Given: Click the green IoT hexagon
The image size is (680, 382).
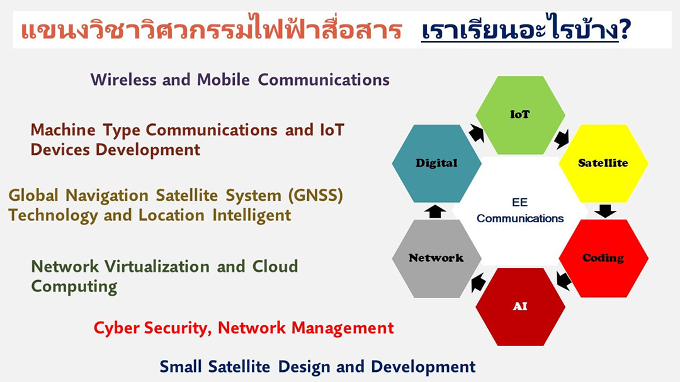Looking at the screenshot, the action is tap(520, 115).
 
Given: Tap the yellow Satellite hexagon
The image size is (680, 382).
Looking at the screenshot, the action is tap(603, 164).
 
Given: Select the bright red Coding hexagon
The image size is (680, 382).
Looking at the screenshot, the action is tap(603, 259).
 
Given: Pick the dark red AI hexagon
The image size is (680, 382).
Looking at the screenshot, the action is tap(520, 306).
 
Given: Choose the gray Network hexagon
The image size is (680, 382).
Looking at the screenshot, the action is tap(436, 259).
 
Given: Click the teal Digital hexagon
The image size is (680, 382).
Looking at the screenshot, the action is tap(436, 164).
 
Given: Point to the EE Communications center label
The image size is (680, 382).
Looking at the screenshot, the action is tap(520, 210).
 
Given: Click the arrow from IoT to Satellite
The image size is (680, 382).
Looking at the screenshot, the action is tap(562, 138).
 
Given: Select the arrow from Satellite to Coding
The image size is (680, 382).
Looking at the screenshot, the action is tap(605, 211).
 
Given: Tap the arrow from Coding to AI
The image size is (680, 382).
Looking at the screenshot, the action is tap(564, 281).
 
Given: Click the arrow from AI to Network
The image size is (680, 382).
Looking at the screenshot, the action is tap(478, 283).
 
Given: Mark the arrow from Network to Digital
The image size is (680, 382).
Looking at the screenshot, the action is tap(435, 211).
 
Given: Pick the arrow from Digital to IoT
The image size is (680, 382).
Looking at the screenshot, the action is tap(476, 133).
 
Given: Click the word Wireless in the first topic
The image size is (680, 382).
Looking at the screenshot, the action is tap(123, 80).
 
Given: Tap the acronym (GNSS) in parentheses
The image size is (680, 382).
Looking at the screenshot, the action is tap(315, 196).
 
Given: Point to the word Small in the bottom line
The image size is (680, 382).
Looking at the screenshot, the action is tap(181, 367).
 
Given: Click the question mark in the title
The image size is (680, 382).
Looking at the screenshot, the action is tap(625, 30).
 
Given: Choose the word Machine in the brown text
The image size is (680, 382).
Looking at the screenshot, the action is tap(63, 130).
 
